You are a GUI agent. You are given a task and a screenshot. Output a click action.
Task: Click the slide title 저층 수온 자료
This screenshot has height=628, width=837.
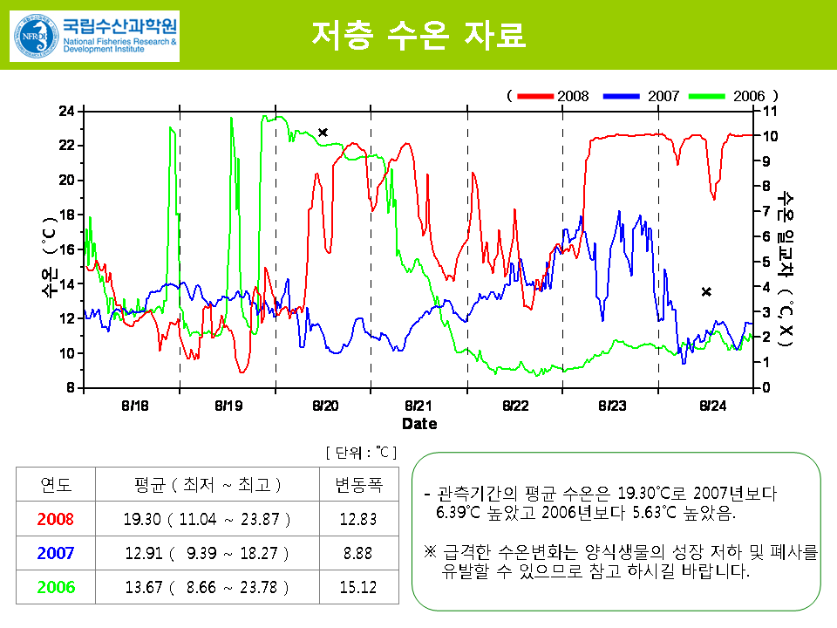pos(418,35)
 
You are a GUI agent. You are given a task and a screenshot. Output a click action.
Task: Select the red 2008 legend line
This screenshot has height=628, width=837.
pos(535,95)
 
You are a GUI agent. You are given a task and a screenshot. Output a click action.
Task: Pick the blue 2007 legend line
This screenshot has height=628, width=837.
pos(627,95)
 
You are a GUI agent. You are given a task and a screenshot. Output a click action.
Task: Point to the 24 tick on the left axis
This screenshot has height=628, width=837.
pos(67,111)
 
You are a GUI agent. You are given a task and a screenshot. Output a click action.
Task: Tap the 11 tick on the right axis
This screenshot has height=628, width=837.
pos(769,111)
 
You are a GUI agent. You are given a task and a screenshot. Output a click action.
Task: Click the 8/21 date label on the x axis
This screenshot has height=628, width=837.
pos(419,406)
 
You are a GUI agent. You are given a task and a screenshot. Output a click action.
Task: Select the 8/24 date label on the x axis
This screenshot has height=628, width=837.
pos(712,406)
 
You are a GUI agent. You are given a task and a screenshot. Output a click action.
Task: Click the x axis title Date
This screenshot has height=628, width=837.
pos(419,424)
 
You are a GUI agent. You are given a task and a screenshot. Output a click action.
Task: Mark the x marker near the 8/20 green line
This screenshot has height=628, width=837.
pos(323,133)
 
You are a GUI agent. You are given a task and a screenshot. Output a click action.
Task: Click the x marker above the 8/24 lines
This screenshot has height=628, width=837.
pos(706,292)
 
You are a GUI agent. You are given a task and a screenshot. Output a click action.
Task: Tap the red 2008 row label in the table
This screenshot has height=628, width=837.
pos(56,519)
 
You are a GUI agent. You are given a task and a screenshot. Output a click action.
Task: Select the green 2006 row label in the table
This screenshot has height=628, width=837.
pos(56,587)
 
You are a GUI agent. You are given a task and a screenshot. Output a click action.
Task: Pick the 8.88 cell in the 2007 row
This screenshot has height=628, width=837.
pos(357,553)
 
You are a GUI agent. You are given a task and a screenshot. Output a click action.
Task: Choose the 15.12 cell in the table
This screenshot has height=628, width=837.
pos(357,587)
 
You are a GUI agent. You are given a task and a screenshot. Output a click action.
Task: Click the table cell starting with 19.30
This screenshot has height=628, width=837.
pos(207,519)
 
